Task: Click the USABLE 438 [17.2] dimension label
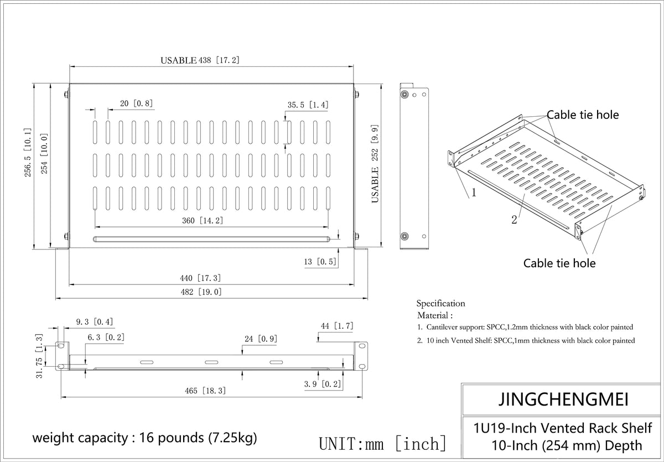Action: click(200, 60)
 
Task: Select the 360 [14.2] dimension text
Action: click(203, 220)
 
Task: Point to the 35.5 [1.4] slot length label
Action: click(308, 105)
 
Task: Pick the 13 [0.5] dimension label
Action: click(320, 262)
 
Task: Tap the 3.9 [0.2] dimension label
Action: click(323, 384)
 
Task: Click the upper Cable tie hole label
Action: click(583, 115)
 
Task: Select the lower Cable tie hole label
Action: click(559, 263)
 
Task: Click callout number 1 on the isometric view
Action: click(474, 193)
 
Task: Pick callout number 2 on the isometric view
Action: click(514, 220)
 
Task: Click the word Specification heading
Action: click(440, 303)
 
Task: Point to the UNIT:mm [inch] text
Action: click(383, 443)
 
